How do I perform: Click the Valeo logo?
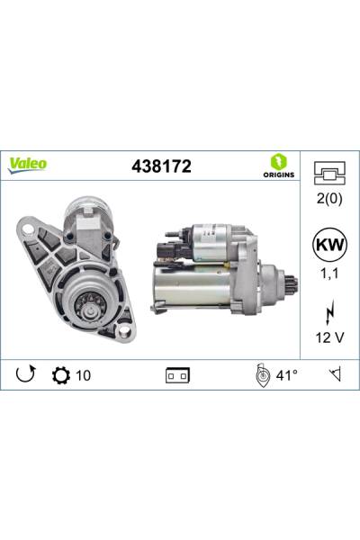click(28, 165)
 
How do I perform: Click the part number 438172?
click(161, 166)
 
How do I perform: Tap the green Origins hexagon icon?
click(278, 162)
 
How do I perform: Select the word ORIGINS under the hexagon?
click(279, 175)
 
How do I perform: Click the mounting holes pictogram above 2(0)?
click(329, 173)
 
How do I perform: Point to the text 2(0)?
click(329, 199)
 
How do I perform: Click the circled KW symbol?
click(329, 245)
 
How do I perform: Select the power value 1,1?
click(329, 273)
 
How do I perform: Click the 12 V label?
click(329, 337)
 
